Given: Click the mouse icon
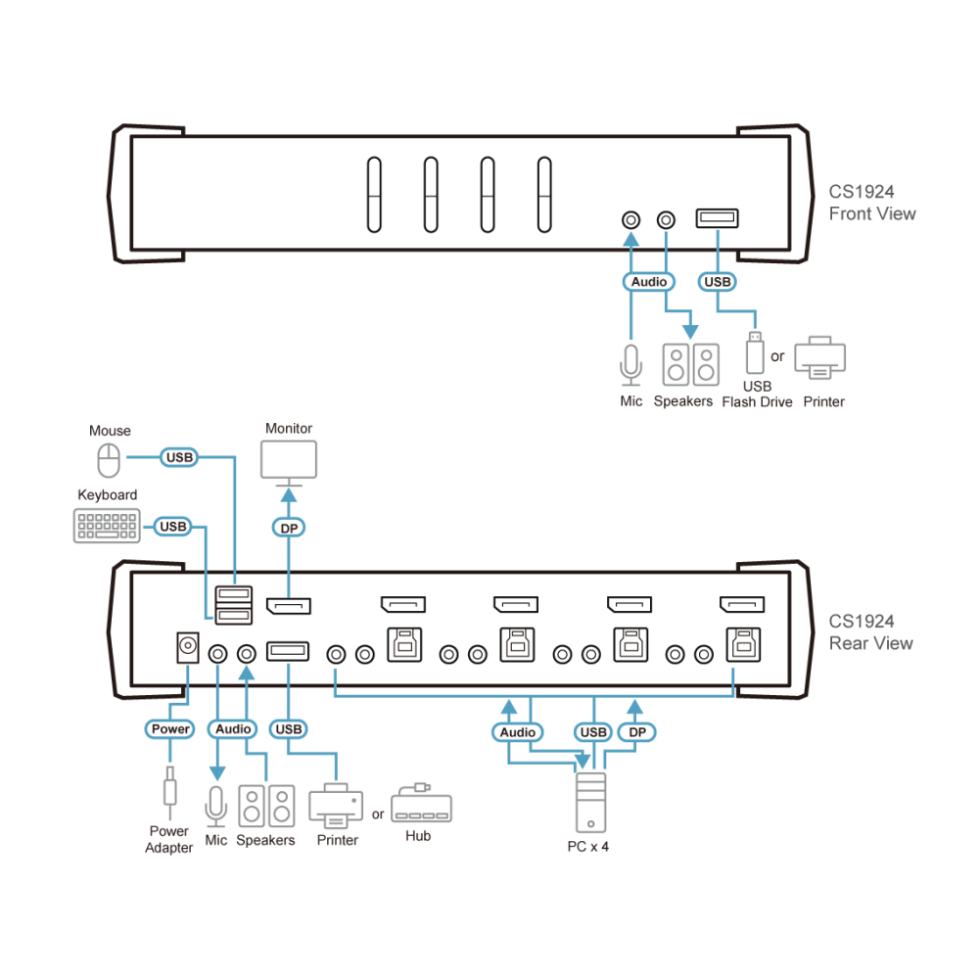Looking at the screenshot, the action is (x=109, y=460).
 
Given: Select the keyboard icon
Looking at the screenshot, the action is (x=107, y=526).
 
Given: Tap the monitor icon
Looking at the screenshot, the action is (x=289, y=463).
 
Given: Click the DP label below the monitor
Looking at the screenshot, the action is (x=289, y=529).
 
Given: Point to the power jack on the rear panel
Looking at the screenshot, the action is (x=188, y=647).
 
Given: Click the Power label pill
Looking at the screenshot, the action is (x=169, y=729).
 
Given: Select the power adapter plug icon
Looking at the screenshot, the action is (x=169, y=793).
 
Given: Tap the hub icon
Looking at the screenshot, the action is (x=421, y=804).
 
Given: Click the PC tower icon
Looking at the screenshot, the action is (x=590, y=803).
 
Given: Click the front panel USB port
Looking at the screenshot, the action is (x=718, y=218).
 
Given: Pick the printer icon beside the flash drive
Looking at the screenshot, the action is (x=819, y=357).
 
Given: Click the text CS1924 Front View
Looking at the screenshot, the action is (x=871, y=203).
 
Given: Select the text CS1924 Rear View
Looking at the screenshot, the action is (x=870, y=631).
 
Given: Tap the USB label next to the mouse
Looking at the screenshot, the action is (x=179, y=457).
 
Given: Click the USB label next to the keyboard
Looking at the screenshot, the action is (x=173, y=527).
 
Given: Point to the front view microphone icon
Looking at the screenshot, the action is (x=630, y=365).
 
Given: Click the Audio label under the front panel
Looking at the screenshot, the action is (x=649, y=282).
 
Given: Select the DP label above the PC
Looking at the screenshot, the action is (x=637, y=732).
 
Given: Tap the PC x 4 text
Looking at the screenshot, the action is (x=588, y=847).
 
